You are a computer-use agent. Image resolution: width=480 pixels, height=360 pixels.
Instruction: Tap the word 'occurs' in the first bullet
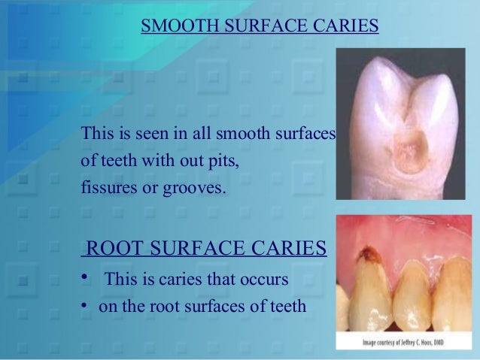[x=263, y=280]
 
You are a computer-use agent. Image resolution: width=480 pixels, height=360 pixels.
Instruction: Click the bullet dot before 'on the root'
[x=87, y=306]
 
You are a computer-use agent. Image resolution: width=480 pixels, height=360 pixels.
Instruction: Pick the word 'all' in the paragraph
[x=202, y=135]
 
